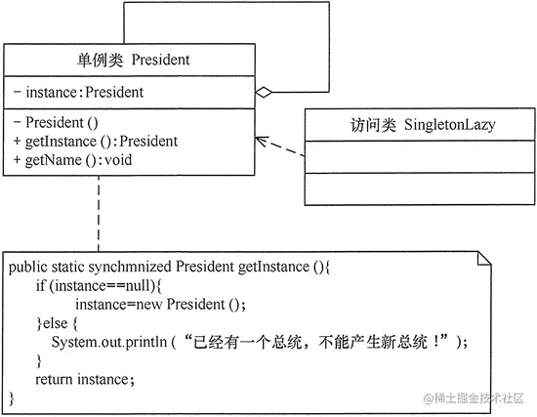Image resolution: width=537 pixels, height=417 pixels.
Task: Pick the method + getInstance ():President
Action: click(x=96, y=142)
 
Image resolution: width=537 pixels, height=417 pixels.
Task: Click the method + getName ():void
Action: click(x=74, y=160)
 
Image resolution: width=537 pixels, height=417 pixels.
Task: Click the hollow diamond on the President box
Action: click(x=261, y=93)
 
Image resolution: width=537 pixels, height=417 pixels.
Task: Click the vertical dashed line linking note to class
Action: click(x=99, y=215)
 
